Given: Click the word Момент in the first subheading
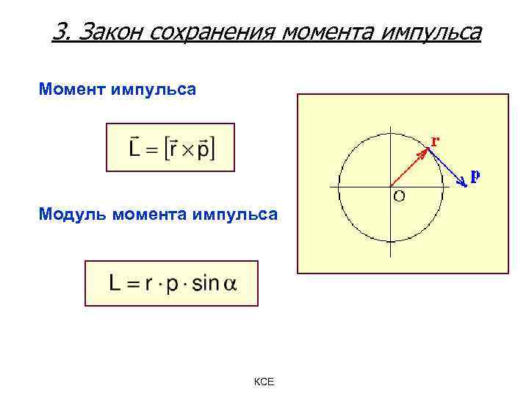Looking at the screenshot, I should click(72, 90).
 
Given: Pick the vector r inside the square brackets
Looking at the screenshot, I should click(172, 149).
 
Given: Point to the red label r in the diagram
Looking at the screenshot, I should click(436, 140).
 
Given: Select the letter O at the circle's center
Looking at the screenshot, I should click(399, 196).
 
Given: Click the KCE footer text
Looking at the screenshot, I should click(264, 382).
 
